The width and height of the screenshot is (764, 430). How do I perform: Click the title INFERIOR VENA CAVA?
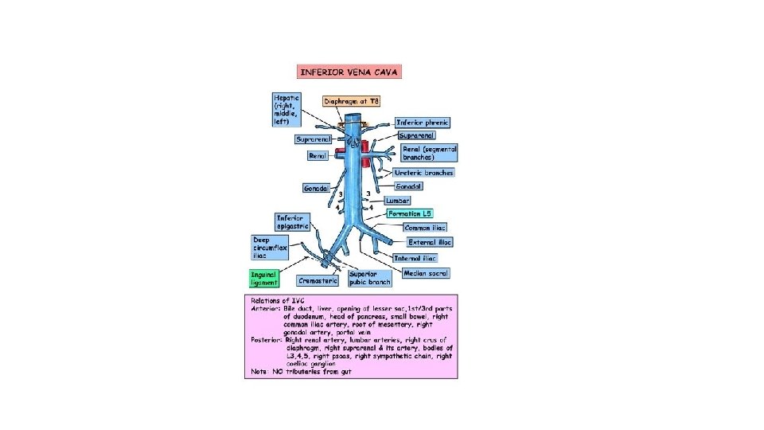pos(349,72)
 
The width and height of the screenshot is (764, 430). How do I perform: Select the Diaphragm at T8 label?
pos(353,101)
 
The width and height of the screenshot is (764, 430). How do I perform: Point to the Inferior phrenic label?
pos(423,123)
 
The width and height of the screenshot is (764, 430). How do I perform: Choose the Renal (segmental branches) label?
pos(429,153)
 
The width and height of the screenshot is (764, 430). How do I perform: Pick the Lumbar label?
pos(398,201)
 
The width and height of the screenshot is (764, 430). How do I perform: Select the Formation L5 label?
pos(410,213)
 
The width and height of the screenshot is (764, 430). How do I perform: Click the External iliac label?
pos(430,241)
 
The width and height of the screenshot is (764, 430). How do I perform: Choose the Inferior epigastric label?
pos(292,221)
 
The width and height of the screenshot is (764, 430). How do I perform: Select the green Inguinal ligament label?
pos(264,278)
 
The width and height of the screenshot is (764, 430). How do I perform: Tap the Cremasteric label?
pos(318,280)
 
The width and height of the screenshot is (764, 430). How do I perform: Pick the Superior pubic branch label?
pos(369,278)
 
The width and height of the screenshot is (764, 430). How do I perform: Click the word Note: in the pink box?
pos(258,371)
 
